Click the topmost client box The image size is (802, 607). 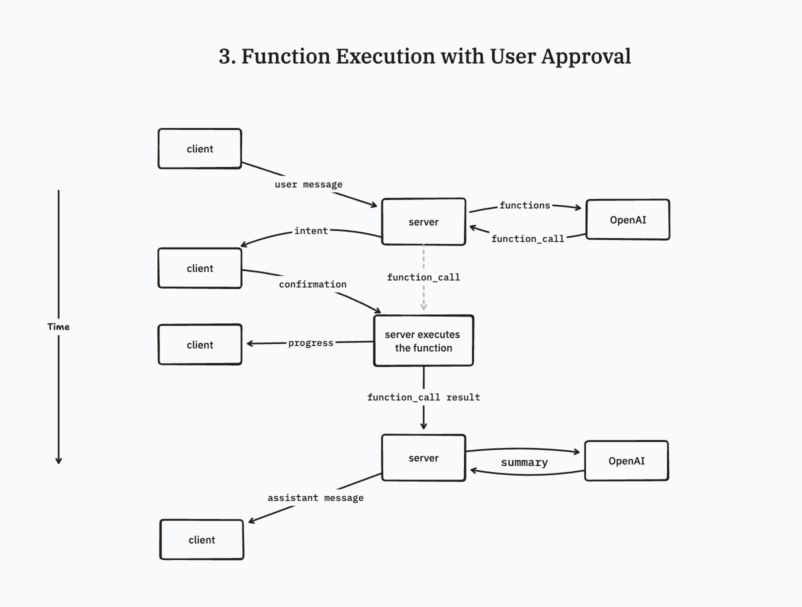click(x=199, y=148)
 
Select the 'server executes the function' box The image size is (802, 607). click(x=423, y=340)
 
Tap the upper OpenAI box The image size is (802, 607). click(x=627, y=219)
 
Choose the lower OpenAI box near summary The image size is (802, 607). click(x=626, y=460)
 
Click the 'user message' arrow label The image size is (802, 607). click(x=308, y=184)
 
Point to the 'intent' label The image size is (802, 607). click(x=311, y=230)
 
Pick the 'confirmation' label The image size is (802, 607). click(x=312, y=284)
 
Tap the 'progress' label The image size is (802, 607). click(x=310, y=343)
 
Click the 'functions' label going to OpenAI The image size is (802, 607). click(x=524, y=205)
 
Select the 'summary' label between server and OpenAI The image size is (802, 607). click(x=524, y=462)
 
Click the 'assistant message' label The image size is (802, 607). click(x=315, y=497)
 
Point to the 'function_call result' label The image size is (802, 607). click(x=423, y=397)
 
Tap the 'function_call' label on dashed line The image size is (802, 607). click(x=423, y=277)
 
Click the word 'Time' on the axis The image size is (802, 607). click(x=58, y=326)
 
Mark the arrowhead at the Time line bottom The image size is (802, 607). click(x=58, y=460)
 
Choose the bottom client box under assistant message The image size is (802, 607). click(x=201, y=539)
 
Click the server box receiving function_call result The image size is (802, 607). click(x=423, y=457)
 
